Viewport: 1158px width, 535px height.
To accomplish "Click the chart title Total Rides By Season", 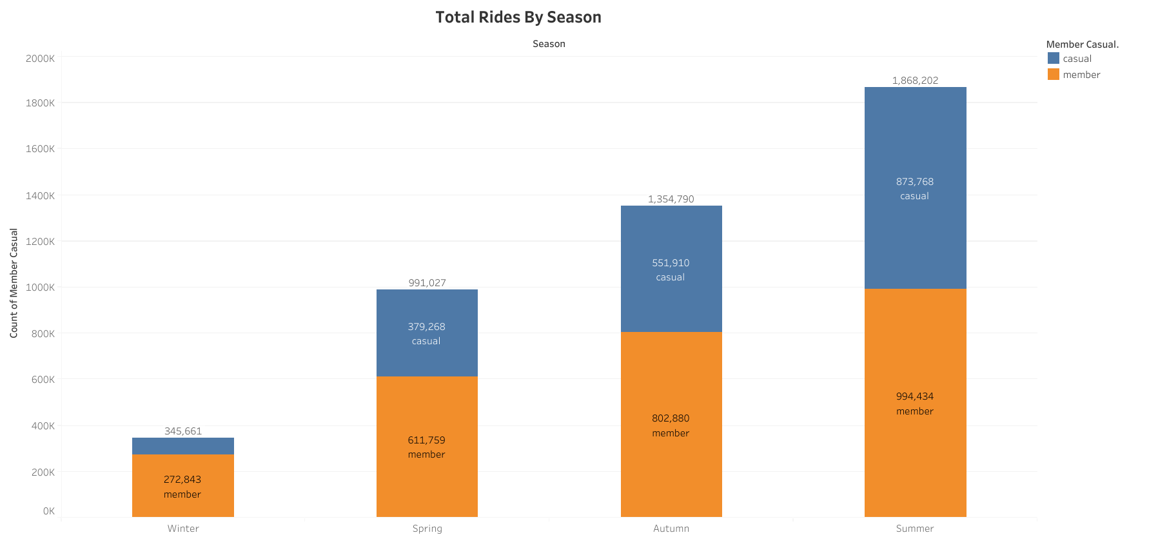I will pyautogui.click(x=518, y=17).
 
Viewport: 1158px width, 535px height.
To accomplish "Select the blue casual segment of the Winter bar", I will pyautogui.click(x=183, y=446).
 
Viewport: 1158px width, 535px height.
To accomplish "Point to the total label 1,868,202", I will pyautogui.click(x=915, y=81).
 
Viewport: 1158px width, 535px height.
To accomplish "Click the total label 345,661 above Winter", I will pyautogui.click(x=183, y=431).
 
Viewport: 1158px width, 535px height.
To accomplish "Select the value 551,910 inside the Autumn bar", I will pyautogui.click(x=671, y=263).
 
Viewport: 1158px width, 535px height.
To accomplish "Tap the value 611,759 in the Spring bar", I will pyautogui.click(x=426, y=440).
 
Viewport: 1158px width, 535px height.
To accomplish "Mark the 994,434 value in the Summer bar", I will pyautogui.click(x=914, y=396).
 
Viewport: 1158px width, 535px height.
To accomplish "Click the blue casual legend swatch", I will pyautogui.click(x=1054, y=59).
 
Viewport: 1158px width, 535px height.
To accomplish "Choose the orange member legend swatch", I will pyautogui.click(x=1054, y=75).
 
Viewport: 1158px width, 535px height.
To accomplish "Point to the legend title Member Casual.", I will pyautogui.click(x=1082, y=44).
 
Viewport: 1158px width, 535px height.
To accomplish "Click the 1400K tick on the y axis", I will pyautogui.click(x=41, y=195).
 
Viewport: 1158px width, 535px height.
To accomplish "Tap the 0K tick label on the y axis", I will pyautogui.click(x=49, y=511).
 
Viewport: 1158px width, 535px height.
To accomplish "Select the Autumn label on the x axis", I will pyautogui.click(x=671, y=529).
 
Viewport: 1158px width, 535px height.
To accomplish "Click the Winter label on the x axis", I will pyautogui.click(x=183, y=529).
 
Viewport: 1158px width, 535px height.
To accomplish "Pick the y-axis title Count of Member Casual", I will pyautogui.click(x=14, y=283).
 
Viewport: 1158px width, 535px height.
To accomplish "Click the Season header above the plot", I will pyautogui.click(x=549, y=44).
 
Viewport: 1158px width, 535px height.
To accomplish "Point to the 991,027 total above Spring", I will pyautogui.click(x=427, y=283).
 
